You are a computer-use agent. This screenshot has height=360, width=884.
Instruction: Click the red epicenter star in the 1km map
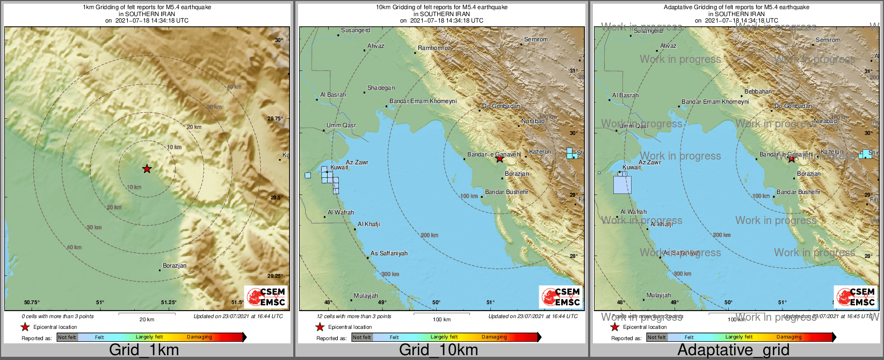click(147, 169)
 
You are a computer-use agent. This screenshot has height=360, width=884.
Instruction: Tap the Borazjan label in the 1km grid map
click(175, 265)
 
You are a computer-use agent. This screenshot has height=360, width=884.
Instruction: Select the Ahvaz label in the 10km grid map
click(376, 46)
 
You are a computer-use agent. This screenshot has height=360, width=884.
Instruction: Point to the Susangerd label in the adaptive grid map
click(648, 31)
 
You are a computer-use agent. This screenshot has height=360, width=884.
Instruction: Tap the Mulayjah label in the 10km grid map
click(366, 296)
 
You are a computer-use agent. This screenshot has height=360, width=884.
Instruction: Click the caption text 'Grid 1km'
click(144, 350)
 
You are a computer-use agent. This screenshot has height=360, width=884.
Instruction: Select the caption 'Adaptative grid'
click(733, 350)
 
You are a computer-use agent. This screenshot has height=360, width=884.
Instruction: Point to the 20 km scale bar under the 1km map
click(147, 314)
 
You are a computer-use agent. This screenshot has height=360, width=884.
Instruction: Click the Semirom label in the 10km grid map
click(536, 39)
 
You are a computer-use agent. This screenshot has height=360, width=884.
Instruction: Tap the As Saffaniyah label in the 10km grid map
click(389, 253)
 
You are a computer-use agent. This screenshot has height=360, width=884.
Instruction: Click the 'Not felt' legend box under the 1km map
click(67, 337)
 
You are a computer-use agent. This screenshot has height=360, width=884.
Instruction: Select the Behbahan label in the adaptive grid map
click(758, 91)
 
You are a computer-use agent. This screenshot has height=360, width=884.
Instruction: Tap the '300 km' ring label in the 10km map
click(390, 274)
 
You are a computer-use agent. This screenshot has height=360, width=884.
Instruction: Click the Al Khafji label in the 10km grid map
click(368, 224)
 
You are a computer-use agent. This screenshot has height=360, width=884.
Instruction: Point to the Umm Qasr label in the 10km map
click(341, 125)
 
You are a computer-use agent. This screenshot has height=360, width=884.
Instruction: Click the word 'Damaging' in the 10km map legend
click(494, 337)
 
